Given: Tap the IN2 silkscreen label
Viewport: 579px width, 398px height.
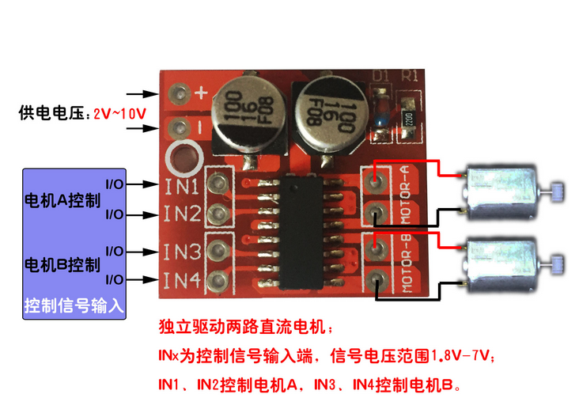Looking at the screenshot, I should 181,214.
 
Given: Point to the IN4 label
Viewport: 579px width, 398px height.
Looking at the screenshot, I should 181,279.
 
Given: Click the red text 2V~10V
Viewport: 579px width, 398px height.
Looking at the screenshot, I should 119,114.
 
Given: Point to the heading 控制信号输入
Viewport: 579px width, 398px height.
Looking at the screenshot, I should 74,305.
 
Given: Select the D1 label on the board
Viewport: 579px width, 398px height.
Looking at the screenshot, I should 381,78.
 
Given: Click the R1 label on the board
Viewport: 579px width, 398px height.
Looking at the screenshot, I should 411,78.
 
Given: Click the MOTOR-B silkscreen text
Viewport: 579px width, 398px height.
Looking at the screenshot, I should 404,263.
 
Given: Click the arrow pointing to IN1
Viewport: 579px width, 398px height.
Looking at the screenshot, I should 142,184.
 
